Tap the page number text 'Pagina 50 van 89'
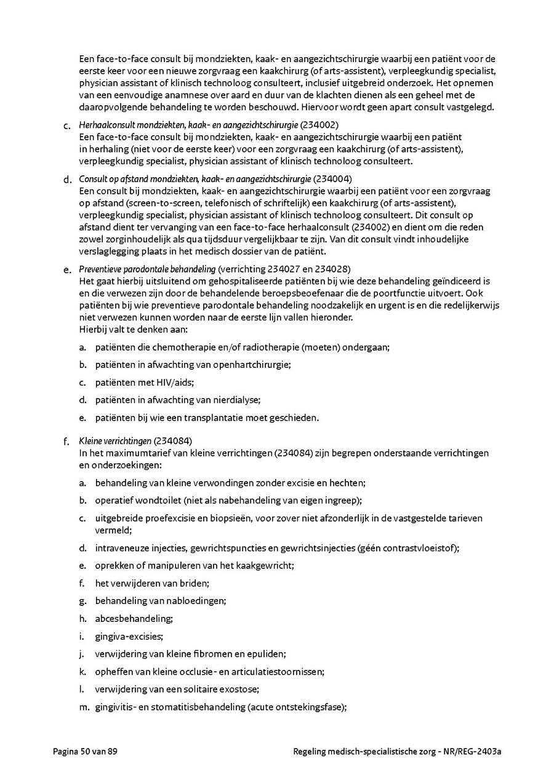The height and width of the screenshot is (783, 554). click(85, 751)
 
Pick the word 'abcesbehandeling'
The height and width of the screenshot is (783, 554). click(134, 618)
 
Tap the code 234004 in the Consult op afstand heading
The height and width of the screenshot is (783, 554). click(333, 179)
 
